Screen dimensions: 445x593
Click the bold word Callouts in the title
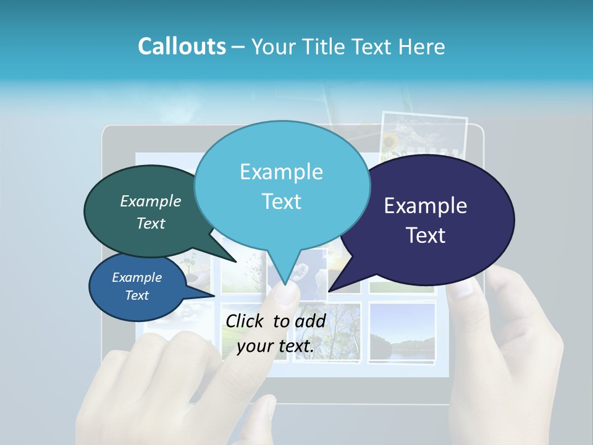coord(182,46)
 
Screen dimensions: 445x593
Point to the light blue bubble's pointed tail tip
coord(285,284)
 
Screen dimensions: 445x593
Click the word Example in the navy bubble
coord(426,206)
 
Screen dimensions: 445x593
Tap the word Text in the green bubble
coord(151,224)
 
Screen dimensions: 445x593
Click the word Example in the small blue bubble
coord(137,278)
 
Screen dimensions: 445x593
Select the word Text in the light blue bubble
coord(282,201)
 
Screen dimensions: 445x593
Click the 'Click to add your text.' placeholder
coord(275,334)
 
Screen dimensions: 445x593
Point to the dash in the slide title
coord(239,47)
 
